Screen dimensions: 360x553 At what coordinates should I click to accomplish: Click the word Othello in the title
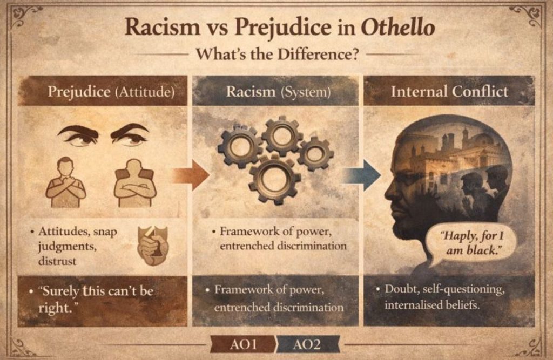[x=399, y=28]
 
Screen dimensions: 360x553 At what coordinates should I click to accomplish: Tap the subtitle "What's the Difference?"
[x=276, y=55]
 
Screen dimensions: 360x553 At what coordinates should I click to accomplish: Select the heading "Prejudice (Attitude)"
[x=111, y=91]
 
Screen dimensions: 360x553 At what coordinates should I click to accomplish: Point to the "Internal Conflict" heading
[x=449, y=91]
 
